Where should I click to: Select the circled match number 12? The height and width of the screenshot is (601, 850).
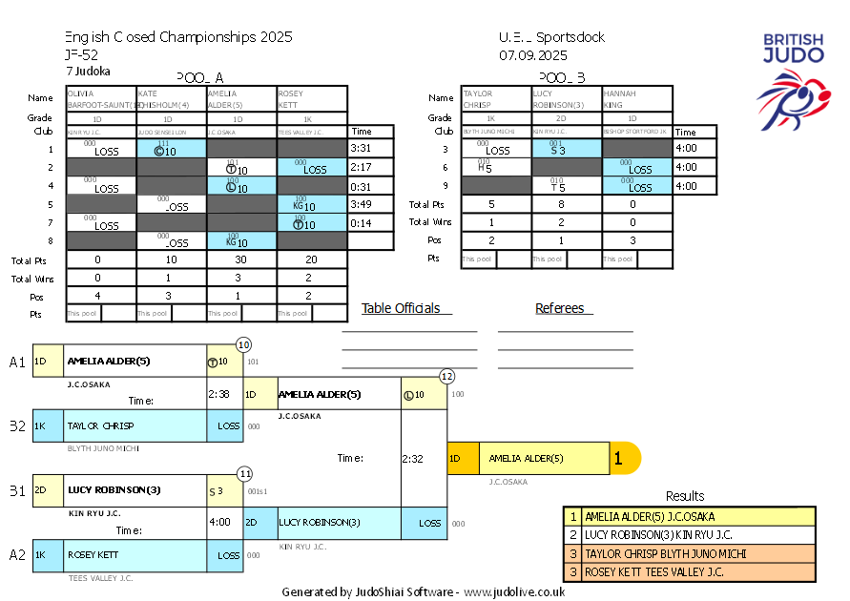[446, 377]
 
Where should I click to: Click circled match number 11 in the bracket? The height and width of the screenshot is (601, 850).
[244, 473]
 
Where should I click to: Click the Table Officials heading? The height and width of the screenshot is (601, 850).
[402, 308]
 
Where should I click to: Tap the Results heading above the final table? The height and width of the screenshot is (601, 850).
[685, 496]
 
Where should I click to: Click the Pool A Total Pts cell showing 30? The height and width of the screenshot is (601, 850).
[241, 259]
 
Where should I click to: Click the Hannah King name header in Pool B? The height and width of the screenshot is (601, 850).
[637, 99]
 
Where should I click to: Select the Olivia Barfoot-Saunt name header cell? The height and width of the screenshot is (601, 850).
[101, 99]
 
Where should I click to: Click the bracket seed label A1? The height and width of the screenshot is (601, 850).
[17, 363]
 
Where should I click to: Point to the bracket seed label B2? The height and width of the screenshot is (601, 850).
[17, 426]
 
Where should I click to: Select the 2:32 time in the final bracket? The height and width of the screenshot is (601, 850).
[412, 458]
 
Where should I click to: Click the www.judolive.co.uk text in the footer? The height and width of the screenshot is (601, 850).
[514, 591]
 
